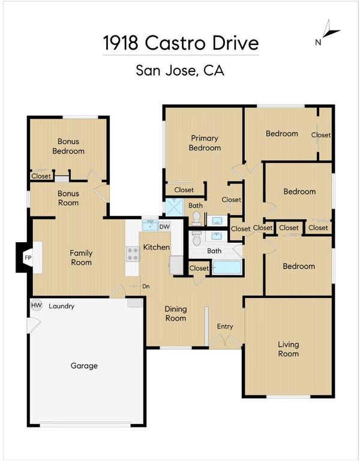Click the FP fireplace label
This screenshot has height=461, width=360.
click(28, 258)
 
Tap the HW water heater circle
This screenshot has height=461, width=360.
click(37, 305)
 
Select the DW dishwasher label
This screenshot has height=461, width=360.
click(164, 227)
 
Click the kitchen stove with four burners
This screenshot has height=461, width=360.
click(133, 254)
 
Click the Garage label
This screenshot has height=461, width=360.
click(84, 366)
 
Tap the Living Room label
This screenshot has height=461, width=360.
click(289, 349)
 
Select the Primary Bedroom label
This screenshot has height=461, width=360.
click(205, 143)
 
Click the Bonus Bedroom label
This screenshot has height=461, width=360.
click(68, 146)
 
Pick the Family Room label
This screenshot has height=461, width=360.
click(81, 258)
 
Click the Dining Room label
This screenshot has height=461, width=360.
click(176, 314)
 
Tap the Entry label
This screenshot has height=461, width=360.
click(225, 326)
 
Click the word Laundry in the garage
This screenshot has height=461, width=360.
click(62, 306)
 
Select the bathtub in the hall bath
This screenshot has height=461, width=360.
click(227, 267)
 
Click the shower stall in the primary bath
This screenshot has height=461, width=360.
click(174, 207)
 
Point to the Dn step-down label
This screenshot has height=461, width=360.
click(146, 286)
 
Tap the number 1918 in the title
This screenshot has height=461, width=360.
click(121, 43)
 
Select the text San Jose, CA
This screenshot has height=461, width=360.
click(180, 71)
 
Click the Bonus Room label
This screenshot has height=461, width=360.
click(68, 198)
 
